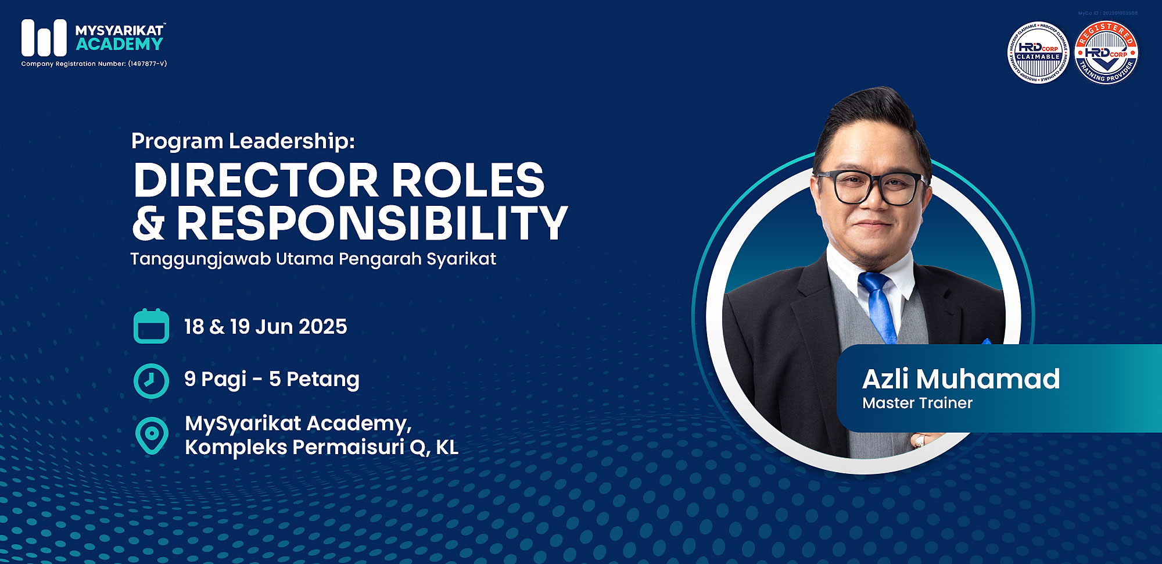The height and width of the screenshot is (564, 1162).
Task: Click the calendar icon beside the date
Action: pos(151,326)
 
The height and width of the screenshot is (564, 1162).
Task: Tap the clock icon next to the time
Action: pos(151,380)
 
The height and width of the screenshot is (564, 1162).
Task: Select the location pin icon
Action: pos(152,434)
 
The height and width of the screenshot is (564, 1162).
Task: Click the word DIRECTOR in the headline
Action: pos(256,180)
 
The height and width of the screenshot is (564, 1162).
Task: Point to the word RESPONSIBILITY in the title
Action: pos(372,223)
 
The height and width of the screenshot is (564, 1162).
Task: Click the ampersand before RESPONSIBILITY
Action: pos(149,224)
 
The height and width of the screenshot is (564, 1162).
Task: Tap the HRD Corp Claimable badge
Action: pos(1038,53)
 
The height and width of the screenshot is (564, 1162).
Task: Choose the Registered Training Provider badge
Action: pos(1106,53)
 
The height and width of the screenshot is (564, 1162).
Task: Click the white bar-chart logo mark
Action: pos(44,38)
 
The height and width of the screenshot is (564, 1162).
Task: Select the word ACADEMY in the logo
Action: pos(120,44)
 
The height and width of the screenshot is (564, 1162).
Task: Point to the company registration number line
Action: pos(94,64)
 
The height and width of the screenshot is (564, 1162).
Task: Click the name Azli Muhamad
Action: pos(961,379)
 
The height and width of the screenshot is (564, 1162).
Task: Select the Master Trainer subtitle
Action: pos(917,403)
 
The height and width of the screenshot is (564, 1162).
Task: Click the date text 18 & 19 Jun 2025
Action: pos(266,327)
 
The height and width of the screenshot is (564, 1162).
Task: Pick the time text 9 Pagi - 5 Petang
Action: pos(271,379)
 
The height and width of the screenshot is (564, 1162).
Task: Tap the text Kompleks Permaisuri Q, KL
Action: pos(321,447)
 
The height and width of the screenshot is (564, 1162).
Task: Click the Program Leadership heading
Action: pos(243,141)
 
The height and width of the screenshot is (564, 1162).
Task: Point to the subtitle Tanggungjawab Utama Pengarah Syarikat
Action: pos(313,259)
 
